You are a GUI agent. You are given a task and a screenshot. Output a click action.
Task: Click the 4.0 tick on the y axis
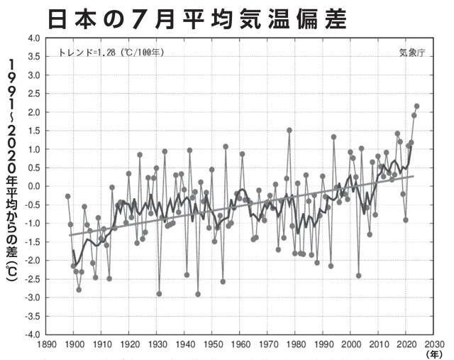[31, 38]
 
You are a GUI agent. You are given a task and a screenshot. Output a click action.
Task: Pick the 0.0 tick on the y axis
[31, 186]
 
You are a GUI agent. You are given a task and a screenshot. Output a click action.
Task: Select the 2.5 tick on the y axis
[31, 94]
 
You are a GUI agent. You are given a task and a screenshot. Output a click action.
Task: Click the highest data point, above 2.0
[417, 107]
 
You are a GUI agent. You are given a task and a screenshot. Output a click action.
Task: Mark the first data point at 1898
[67, 196]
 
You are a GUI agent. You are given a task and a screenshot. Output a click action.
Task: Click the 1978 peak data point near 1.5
[289, 130]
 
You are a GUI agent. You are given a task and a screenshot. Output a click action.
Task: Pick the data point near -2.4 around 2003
[359, 276]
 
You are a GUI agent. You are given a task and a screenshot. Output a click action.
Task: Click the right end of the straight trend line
[414, 176]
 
